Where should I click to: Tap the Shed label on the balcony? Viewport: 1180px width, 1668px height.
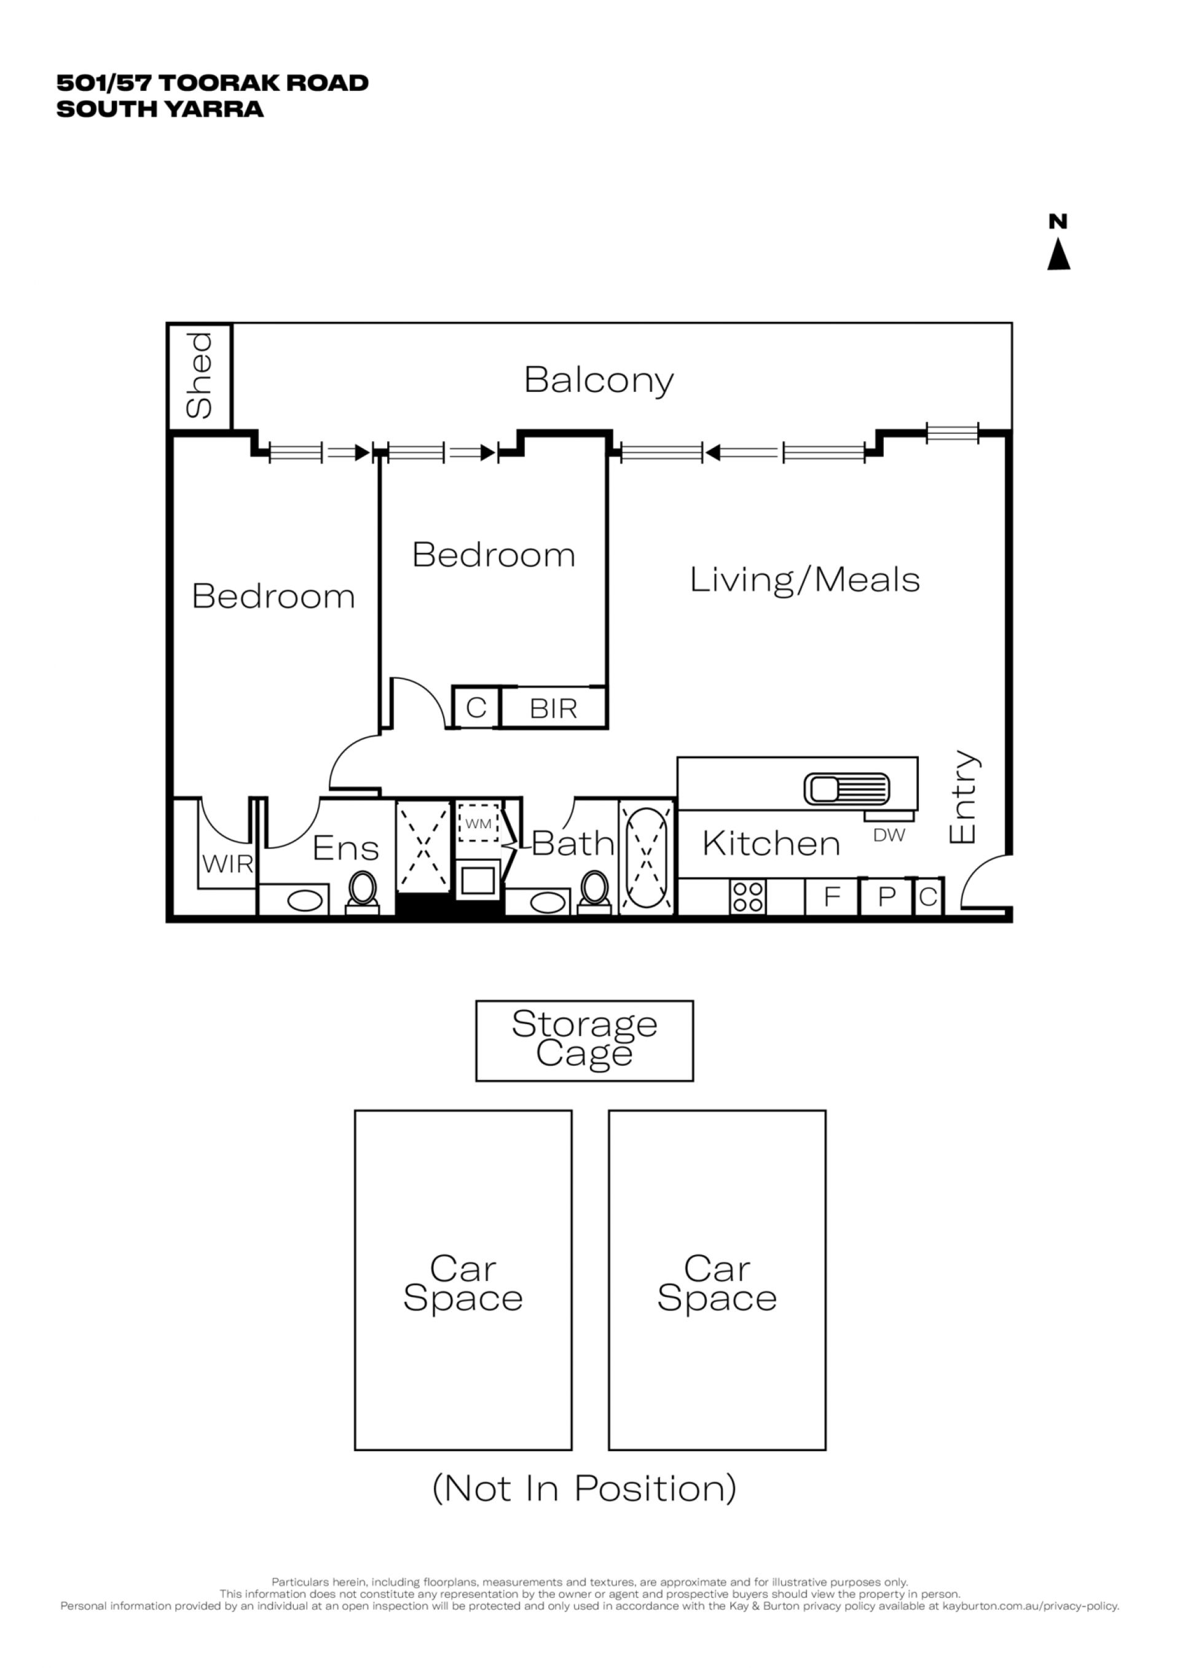coord(199,375)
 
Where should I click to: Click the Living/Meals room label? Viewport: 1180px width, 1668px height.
coord(804,581)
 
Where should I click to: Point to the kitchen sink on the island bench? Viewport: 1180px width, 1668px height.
coord(846,789)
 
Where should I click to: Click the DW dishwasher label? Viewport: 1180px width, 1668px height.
coord(889,836)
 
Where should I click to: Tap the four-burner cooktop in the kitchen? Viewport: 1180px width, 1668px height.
coord(748,896)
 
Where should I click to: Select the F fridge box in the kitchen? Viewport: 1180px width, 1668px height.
coord(832,896)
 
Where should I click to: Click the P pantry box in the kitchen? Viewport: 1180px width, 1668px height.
coord(886,896)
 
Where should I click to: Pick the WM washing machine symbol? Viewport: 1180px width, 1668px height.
coord(479,823)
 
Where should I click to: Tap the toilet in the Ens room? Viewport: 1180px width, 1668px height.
coord(363,893)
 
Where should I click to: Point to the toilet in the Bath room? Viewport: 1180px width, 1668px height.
coord(595,893)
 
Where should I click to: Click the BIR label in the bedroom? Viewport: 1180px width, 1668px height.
coord(553,708)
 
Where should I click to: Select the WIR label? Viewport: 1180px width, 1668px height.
coord(227,864)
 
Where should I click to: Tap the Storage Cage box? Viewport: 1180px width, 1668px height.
coord(584,1040)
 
